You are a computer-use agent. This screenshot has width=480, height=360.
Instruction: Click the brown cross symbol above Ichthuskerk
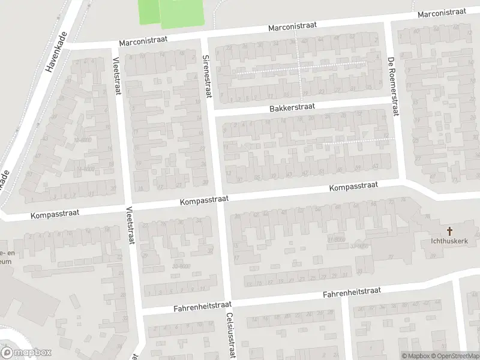[449, 230]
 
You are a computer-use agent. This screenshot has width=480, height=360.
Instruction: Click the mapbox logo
[26, 352]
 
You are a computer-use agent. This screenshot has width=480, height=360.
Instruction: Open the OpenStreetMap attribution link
[454, 356]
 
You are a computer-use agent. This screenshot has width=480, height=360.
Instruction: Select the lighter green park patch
[149, 12]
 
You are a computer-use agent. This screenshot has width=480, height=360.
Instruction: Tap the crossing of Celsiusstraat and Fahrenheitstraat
[227, 305]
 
